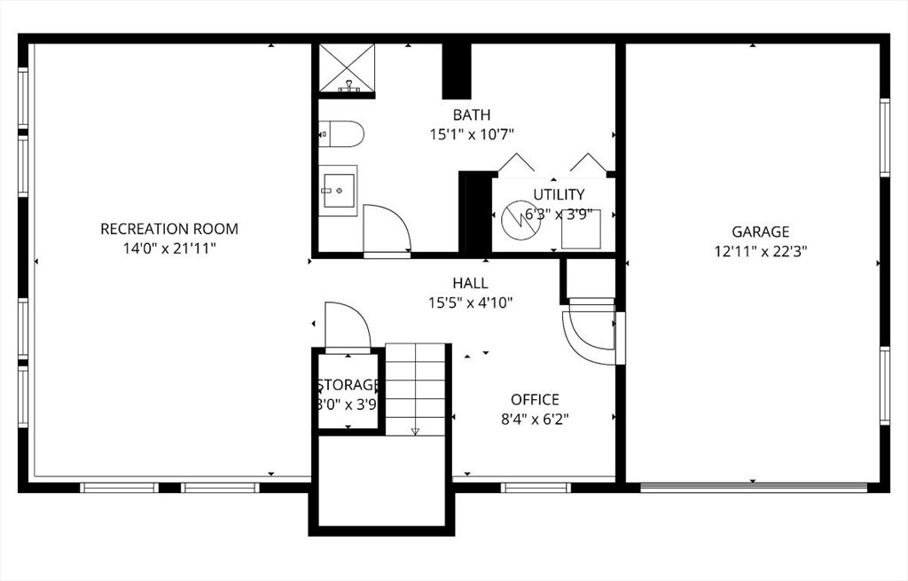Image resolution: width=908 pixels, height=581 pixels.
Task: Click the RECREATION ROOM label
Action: [168, 229]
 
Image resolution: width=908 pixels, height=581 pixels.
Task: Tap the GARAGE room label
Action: [760, 232]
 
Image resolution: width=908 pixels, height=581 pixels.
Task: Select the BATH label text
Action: [471, 114]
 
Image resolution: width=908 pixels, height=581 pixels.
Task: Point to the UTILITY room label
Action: [559, 194]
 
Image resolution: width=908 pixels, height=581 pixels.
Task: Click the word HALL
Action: [470, 283]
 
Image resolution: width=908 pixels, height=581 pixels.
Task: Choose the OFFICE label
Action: [535, 399]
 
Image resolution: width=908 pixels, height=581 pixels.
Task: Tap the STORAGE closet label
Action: [348, 385]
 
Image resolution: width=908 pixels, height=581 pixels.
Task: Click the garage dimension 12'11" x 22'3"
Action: [760, 251]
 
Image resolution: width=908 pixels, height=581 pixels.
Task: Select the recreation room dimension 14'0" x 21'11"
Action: [168, 248]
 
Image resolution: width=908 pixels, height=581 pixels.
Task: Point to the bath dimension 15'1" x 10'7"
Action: [471, 134]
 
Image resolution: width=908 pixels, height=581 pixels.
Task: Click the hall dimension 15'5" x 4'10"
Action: [470, 302]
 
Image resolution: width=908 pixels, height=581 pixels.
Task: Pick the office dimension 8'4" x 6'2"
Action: [534, 419]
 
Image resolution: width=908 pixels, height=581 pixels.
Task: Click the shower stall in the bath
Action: [347, 67]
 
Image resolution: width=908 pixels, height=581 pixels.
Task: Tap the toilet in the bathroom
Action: [342, 134]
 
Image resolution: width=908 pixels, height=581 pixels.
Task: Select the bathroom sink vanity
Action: [339, 190]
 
